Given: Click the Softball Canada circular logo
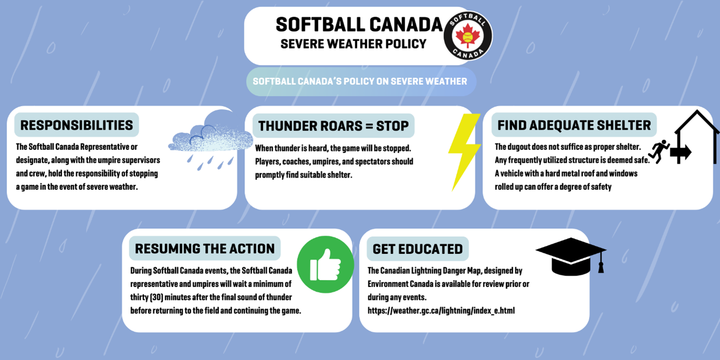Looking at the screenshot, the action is [468, 36].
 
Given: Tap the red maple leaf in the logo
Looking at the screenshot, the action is [468, 35].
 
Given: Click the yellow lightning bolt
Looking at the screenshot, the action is [465, 152].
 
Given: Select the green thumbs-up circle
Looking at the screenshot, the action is [325, 264].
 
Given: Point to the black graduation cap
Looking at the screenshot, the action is [571, 256].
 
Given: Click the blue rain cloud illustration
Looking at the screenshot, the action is [211, 140].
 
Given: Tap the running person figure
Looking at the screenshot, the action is [659, 151].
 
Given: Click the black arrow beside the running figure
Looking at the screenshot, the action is [681, 152].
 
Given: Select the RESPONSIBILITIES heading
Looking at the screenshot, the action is [77, 125].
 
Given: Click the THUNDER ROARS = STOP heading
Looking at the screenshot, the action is [333, 126].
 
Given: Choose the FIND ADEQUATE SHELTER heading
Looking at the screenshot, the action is [574, 125].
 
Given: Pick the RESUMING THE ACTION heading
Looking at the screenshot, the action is [205, 249].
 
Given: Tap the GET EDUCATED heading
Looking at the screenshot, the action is [417, 249].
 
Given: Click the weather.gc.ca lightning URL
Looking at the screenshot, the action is [441, 311].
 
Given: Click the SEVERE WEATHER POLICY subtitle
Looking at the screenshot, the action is [354, 44].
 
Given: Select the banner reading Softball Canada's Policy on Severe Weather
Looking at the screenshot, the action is [361, 81].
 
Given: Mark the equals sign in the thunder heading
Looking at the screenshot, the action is [369, 126].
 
